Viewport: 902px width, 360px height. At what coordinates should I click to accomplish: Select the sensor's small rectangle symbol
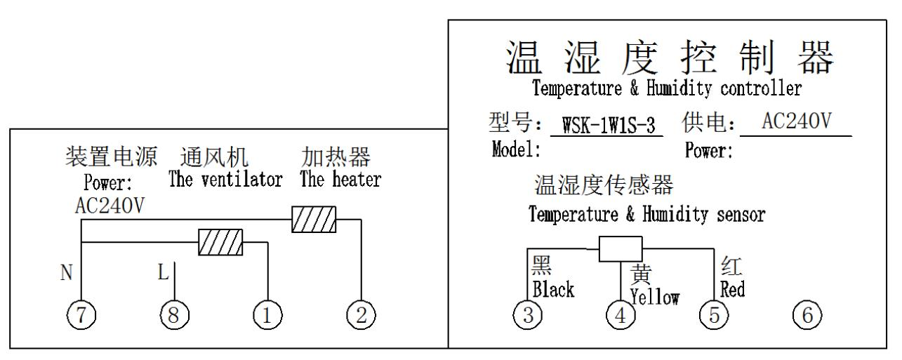click(621, 248)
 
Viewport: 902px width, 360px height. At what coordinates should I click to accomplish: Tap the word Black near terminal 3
click(553, 289)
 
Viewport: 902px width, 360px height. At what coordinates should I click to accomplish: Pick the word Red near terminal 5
click(734, 289)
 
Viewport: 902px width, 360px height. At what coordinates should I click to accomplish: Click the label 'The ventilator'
click(226, 180)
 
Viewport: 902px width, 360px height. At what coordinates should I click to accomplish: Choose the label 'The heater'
click(340, 180)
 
